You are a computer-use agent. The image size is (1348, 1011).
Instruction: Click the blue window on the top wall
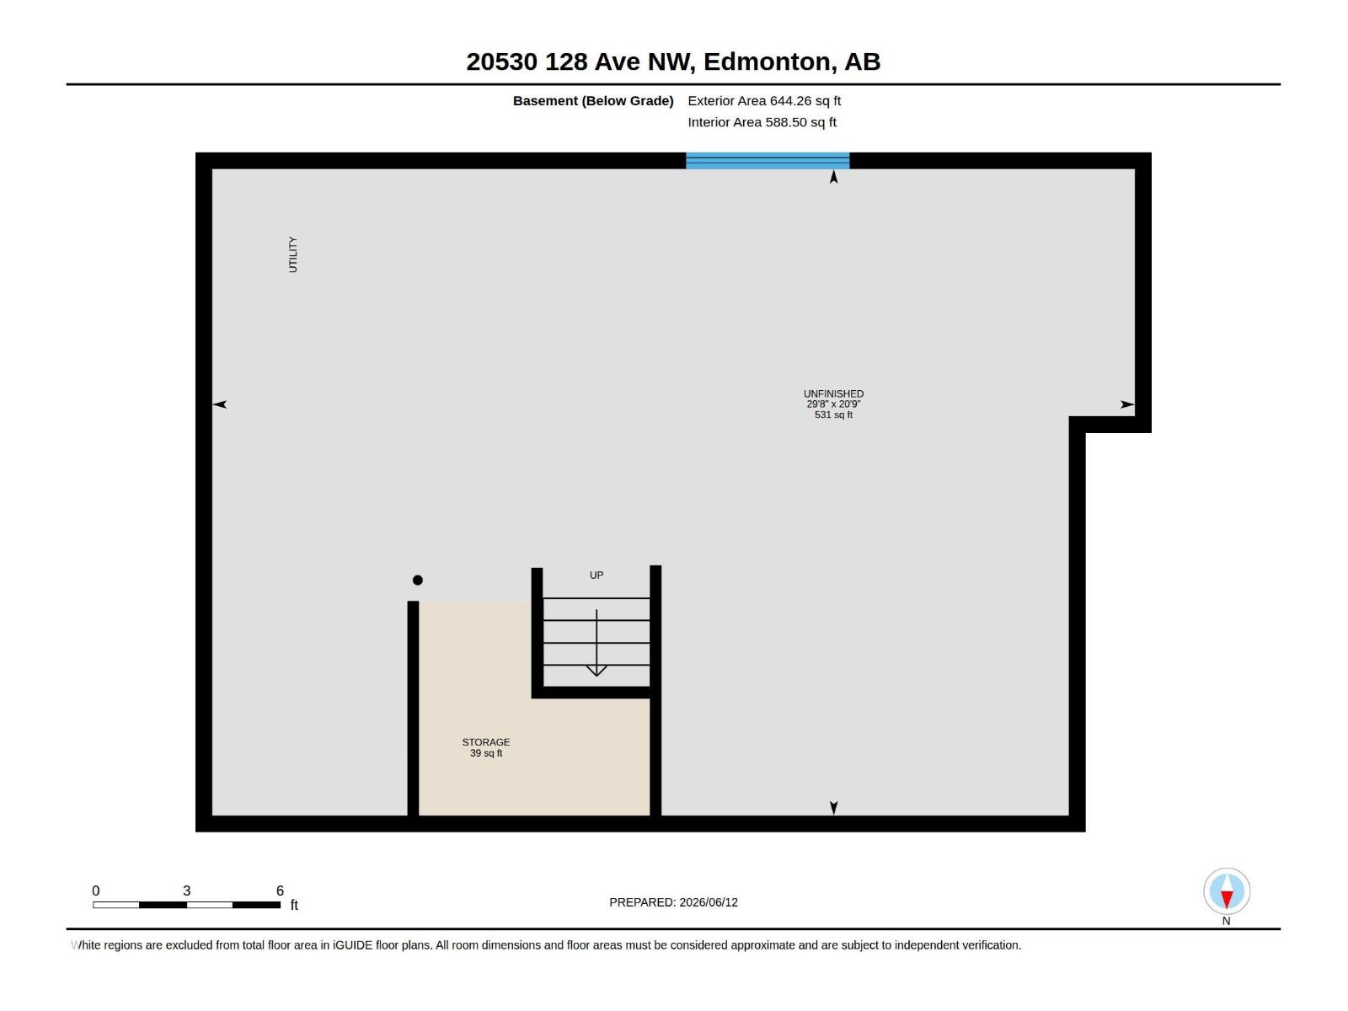point(767,160)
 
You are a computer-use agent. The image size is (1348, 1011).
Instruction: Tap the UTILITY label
point(293,254)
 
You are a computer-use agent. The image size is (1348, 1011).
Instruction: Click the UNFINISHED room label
point(833,393)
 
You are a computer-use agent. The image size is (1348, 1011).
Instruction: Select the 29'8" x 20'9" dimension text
point(833,404)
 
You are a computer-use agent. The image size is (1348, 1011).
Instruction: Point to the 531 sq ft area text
point(833,415)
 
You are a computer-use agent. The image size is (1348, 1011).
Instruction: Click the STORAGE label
point(486,742)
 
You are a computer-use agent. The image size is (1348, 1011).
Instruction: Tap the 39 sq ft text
point(486,753)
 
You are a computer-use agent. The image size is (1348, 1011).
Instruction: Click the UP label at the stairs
point(596,575)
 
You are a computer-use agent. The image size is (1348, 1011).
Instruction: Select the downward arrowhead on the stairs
point(596,671)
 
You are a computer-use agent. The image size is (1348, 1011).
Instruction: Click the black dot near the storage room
point(418,580)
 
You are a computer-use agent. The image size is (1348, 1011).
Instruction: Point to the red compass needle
point(1227,899)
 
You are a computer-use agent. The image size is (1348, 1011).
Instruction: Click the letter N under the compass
point(1226,921)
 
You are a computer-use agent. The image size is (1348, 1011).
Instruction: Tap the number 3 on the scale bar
point(187,890)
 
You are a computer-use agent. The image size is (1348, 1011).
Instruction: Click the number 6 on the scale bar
point(280,890)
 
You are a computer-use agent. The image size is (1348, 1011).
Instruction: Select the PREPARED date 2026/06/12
point(709,902)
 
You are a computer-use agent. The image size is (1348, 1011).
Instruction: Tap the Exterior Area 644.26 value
point(790,100)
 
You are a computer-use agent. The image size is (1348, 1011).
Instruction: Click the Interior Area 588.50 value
point(786,122)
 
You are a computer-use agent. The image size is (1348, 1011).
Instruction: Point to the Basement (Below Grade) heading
point(593,100)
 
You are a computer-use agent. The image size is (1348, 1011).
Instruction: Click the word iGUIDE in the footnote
point(352,945)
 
